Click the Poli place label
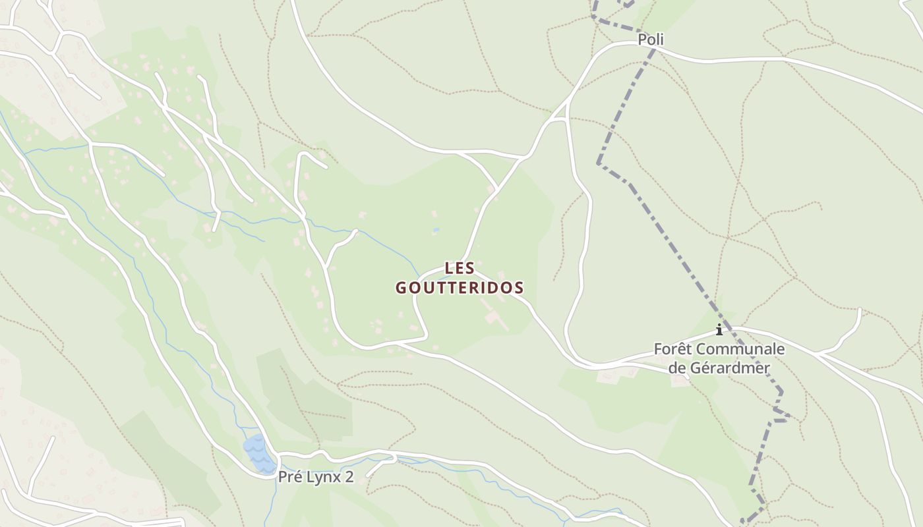(x=650, y=40)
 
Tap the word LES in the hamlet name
(x=460, y=268)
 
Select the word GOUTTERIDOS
(x=460, y=288)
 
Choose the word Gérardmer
(x=729, y=368)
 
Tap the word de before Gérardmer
(x=677, y=368)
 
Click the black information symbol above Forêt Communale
(x=719, y=329)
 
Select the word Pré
(x=291, y=478)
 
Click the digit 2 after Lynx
(x=349, y=478)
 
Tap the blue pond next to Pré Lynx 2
(x=258, y=453)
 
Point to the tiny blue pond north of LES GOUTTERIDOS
(x=436, y=231)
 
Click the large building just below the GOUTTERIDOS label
(x=493, y=317)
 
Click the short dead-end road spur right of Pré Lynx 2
(x=381, y=464)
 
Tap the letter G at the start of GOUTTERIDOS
(x=401, y=288)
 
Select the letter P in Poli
(x=641, y=40)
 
